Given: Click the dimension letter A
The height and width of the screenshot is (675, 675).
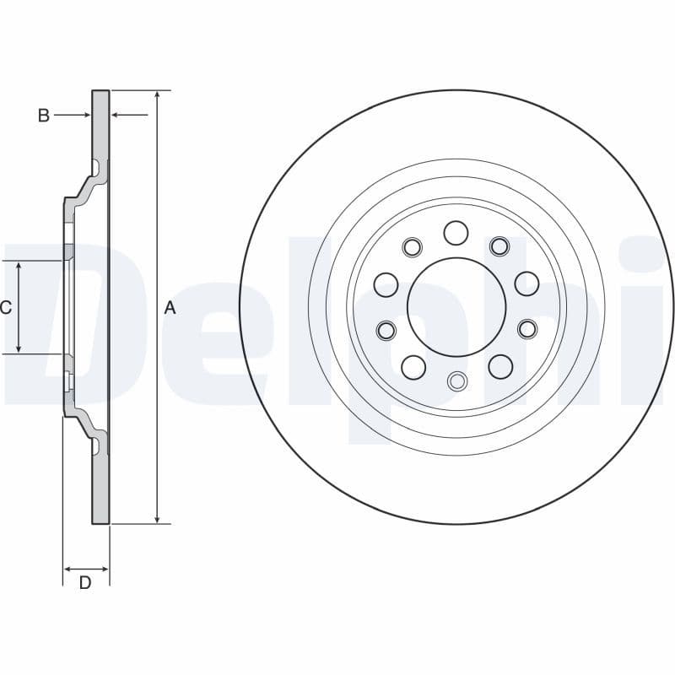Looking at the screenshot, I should pos(170,308).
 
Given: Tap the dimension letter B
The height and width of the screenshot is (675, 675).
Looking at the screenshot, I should pos(44,116).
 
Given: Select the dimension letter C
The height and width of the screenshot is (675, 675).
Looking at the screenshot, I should pos(6,308).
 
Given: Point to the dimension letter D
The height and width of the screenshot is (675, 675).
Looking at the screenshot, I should pos(85,582).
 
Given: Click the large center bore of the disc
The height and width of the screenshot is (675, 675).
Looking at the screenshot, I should pos(456,306).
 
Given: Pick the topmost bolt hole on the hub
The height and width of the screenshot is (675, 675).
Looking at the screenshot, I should pos(456,233).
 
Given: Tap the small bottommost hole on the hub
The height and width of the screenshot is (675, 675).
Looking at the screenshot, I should pos(456,381).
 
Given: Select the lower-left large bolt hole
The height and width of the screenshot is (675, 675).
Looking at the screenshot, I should pos(413,367).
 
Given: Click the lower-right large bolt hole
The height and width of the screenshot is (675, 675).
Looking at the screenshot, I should pos(500,366).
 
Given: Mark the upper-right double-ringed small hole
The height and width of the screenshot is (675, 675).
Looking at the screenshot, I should pos(499,246).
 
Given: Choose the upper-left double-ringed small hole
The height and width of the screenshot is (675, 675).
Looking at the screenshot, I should pos(412,247).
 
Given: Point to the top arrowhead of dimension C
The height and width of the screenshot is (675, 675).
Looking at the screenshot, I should pos(19,267).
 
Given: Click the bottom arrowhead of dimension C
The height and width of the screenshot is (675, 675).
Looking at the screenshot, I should pos(19,348).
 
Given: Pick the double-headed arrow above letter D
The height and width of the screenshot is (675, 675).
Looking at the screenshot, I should pos(86,568).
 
